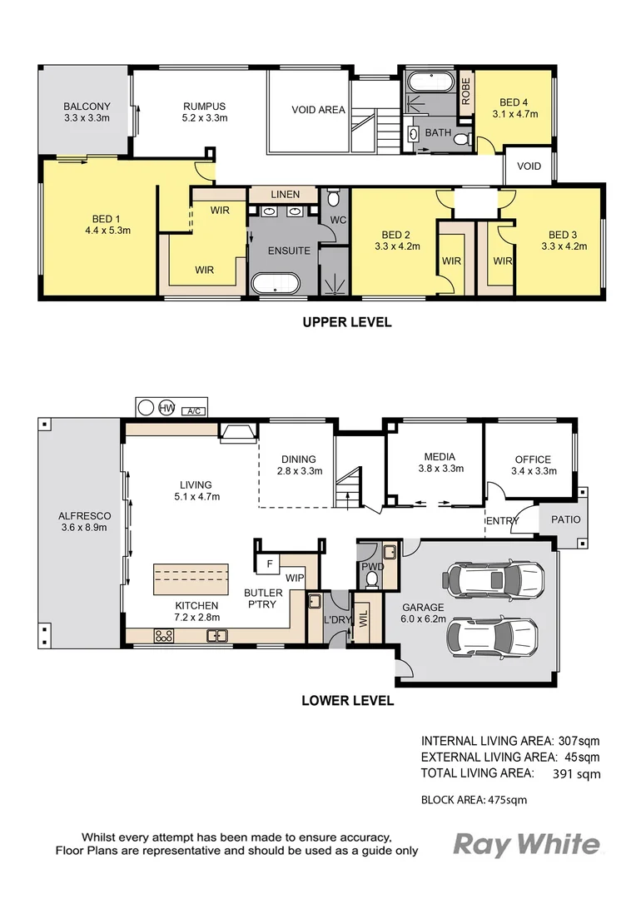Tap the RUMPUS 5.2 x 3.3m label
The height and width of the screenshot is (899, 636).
[205, 112]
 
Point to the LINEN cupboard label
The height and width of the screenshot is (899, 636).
[285, 194]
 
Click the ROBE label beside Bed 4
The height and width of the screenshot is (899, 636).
[465, 92]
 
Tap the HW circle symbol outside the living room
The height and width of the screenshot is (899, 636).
[166, 408]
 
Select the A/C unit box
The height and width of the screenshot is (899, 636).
[193, 410]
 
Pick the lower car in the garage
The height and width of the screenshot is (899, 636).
[493, 637]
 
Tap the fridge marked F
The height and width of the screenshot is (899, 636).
[270, 564]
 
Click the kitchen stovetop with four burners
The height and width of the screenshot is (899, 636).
[163, 635]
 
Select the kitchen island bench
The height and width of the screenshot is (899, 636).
[191, 579]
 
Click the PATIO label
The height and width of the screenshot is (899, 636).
[565, 519]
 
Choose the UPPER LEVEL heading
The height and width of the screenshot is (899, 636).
[347, 322]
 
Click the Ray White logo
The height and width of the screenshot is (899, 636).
[527, 845]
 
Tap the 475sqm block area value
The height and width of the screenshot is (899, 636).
[507, 800]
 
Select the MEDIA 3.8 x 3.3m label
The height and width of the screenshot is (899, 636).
[440, 463]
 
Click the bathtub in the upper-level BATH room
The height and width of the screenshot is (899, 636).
[430, 82]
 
